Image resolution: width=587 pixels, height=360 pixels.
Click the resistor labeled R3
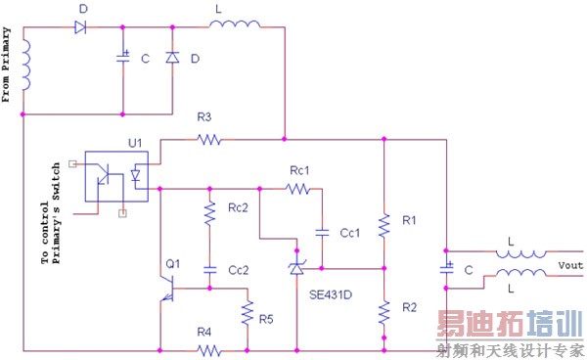(208, 140)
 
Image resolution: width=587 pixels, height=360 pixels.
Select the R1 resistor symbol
(383, 223)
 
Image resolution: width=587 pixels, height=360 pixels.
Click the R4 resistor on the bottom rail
(205, 348)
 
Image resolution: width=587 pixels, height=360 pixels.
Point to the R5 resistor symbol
(248, 315)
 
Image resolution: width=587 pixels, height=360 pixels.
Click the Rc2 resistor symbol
(208, 212)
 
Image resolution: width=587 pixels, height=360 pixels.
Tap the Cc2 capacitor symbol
(208, 268)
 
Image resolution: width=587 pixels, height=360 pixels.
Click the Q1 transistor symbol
(169, 285)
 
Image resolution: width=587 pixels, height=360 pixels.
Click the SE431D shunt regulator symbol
(295, 267)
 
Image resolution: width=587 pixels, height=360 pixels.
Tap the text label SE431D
(332, 294)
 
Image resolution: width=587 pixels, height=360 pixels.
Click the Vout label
(570, 265)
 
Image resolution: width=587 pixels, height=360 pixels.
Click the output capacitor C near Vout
(447, 267)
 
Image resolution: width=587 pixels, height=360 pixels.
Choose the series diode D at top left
(84, 26)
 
